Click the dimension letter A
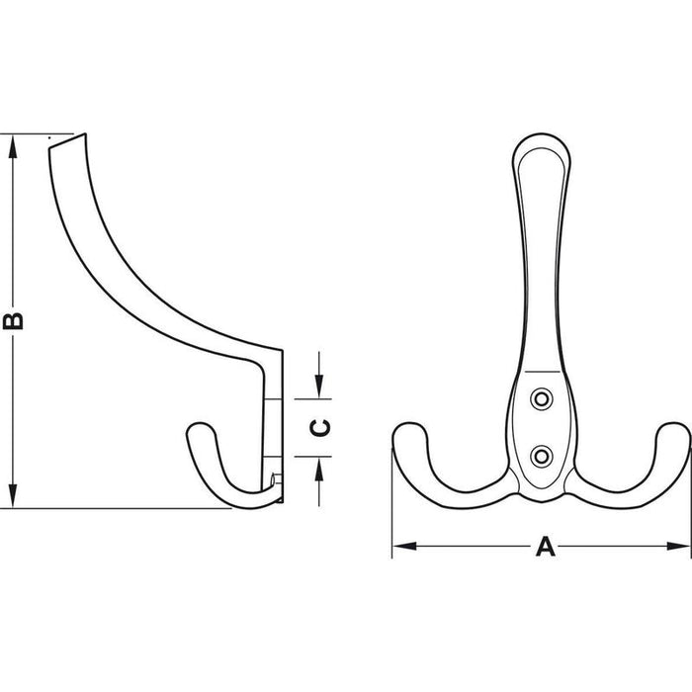(x=546, y=547)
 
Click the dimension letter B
(x=13, y=321)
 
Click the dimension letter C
(x=320, y=428)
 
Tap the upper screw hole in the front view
(x=542, y=399)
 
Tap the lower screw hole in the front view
(x=542, y=457)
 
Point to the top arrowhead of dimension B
(x=13, y=145)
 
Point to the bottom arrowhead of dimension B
(x=13, y=496)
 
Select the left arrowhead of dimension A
(x=404, y=547)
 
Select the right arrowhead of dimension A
(x=678, y=547)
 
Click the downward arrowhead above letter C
(x=319, y=387)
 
